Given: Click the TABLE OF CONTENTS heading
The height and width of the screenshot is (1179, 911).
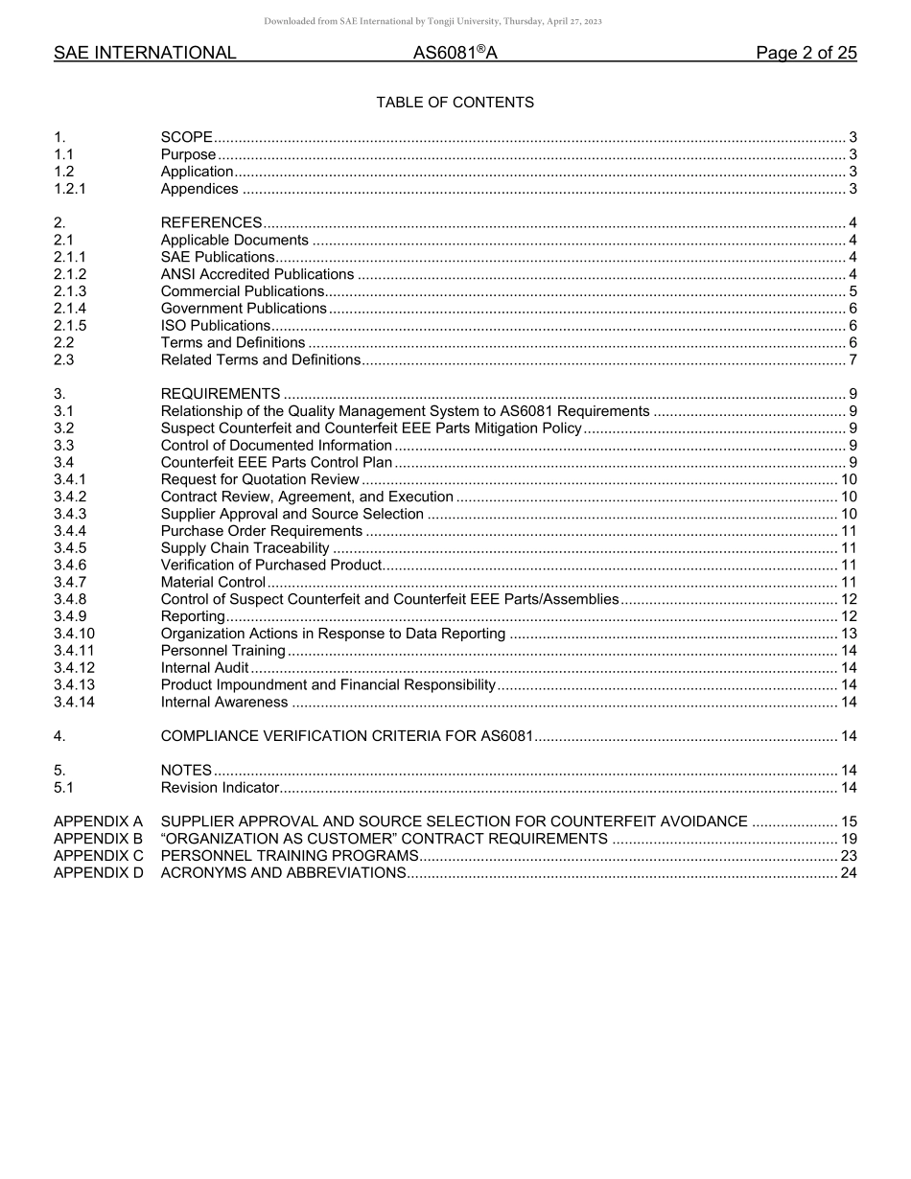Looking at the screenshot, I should [x=455, y=103].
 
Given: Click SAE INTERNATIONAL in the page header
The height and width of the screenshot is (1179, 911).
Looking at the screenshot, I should [x=145, y=54].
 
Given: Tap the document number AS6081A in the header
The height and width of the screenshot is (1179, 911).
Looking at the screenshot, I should [x=455, y=54].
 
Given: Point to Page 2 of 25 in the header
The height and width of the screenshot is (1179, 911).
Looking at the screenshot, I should [x=806, y=54].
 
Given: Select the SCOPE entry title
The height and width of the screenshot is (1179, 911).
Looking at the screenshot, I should [x=186, y=137].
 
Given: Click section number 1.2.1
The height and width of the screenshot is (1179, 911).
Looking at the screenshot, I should [x=70, y=189].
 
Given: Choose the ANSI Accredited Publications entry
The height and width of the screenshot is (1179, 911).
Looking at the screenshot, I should [x=257, y=274].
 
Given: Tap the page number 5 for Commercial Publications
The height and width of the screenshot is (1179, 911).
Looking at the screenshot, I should [x=853, y=291].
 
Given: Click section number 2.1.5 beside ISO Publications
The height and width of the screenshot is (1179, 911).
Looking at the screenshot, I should [x=70, y=326].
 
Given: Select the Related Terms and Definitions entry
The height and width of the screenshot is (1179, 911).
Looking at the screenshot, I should [x=260, y=360].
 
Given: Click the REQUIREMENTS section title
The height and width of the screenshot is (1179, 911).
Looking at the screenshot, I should [x=221, y=394].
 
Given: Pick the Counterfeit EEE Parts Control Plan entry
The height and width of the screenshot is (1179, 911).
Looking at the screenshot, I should [x=276, y=463].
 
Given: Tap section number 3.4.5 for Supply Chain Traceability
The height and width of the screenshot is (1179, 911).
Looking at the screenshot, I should [x=70, y=548].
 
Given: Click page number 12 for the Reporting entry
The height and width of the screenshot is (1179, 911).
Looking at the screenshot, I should [x=849, y=616].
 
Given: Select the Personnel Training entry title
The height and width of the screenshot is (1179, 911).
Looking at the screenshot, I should [x=222, y=651].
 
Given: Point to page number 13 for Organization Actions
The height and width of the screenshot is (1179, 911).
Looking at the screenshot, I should [x=849, y=634].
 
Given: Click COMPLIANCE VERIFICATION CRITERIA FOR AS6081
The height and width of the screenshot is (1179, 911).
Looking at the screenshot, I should [x=346, y=736].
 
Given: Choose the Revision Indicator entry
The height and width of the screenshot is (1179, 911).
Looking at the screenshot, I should [x=220, y=788].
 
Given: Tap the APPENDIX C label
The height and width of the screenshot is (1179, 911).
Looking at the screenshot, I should [x=99, y=856].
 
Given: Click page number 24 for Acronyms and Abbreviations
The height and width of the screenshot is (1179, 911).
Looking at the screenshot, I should [x=849, y=873].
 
